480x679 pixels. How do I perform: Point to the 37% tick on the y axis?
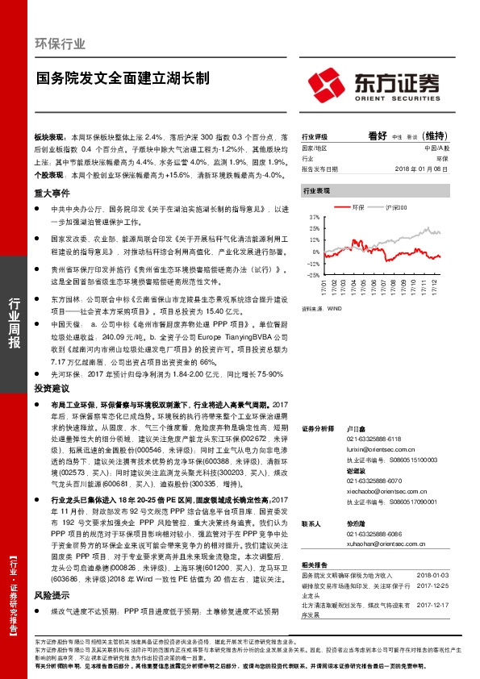(313, 218)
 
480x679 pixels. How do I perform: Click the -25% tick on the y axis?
(313, 275)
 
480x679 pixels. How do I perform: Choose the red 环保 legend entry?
(357, 208)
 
